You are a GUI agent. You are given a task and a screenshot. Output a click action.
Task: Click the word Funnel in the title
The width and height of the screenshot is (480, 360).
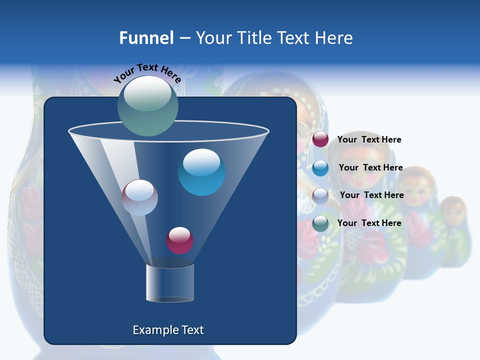click(146, 38)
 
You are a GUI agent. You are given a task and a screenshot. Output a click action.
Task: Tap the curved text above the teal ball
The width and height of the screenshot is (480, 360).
click(147, 72)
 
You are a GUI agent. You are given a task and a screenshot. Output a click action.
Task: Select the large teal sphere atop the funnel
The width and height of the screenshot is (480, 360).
click(148, 106)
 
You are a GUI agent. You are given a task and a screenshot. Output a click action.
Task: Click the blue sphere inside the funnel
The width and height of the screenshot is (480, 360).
click(201, 172)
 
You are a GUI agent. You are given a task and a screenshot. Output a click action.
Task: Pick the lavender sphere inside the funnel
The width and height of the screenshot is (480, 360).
click(139, 197)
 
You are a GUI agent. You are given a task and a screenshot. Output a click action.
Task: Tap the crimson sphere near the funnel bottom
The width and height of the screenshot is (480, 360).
click(179, 240)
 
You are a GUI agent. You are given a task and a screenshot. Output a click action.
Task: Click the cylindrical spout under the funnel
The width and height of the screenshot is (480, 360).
click(170, 283)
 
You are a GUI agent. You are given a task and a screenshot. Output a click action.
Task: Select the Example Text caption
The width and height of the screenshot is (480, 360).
click(168, 330)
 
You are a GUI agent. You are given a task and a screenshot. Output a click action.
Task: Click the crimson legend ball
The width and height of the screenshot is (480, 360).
click(320, 139)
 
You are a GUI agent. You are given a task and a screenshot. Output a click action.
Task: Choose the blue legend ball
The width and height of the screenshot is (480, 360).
click(320, 168)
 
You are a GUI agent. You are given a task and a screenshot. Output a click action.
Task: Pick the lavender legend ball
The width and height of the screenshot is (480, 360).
click(320, 196)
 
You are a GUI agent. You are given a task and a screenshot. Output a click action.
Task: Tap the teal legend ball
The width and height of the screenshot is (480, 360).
click(320, 223)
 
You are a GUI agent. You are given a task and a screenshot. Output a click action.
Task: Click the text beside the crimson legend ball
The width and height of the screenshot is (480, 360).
click(369, 140)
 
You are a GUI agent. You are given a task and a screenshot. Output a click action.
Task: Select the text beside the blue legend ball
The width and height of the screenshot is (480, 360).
click(370, 168)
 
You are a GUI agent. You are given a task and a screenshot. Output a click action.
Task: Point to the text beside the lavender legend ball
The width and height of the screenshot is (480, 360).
click(371, 195)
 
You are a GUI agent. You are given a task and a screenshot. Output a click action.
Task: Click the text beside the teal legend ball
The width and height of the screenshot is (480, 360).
click(369, 223)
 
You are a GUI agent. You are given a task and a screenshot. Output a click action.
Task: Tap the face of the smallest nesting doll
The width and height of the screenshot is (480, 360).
click(453, 213)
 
